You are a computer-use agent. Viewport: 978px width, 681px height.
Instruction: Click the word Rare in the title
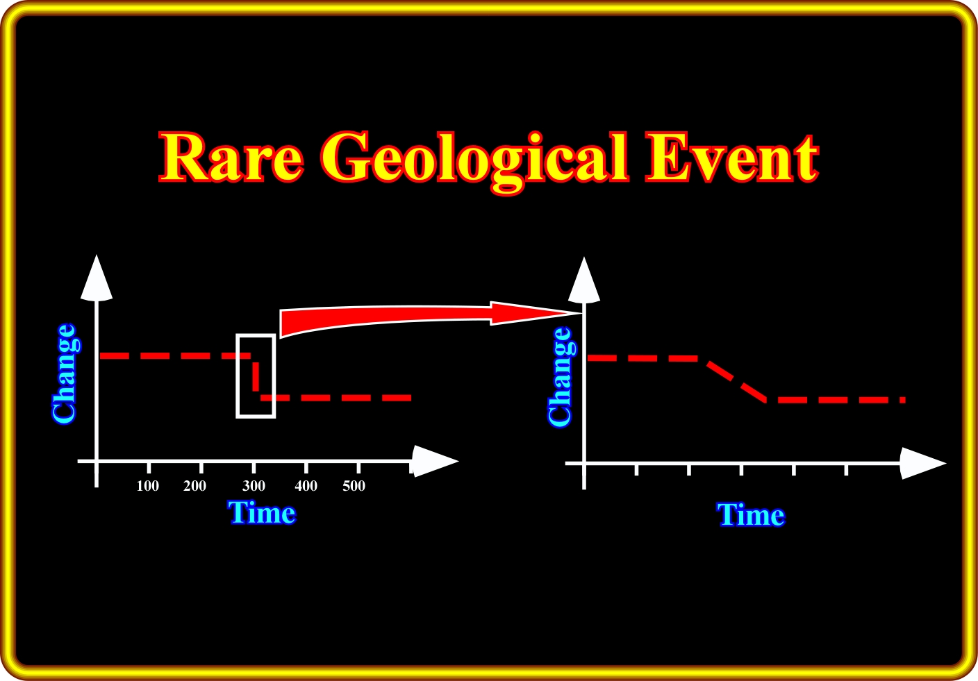point(231,158)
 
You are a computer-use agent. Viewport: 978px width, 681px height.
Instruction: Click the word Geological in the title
point(474,162)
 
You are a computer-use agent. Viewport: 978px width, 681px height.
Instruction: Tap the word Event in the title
point(732,158)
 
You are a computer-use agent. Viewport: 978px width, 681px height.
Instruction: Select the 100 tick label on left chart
point(147,486)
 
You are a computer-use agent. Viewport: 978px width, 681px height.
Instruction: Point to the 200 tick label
point(194,486)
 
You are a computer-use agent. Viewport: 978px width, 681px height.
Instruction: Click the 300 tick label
point(254,486)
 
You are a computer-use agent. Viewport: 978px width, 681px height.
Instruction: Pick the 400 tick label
point(306,486)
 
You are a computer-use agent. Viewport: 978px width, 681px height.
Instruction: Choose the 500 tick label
point(354,486)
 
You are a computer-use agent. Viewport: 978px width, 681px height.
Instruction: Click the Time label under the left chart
point(262,513)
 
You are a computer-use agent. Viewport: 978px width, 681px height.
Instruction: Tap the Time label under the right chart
point(751,515)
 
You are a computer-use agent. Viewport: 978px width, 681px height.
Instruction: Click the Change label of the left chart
point(65,374)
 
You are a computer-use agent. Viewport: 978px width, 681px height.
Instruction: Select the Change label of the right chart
point(561,376)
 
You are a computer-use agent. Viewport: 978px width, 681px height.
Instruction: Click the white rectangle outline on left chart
point(238,376)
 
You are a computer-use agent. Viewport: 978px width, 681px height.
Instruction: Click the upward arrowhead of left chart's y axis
point(97,279)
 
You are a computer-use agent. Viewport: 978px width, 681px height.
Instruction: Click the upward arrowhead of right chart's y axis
point(584,280)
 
